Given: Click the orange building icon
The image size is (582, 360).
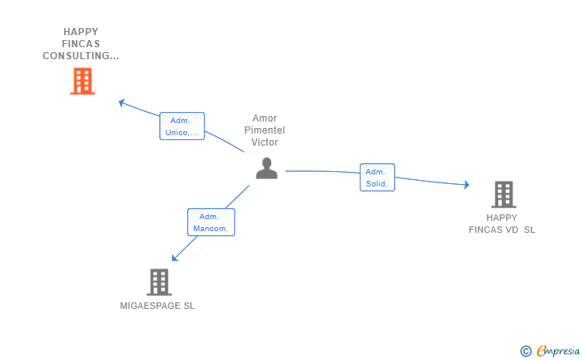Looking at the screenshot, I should [x=82, y=81].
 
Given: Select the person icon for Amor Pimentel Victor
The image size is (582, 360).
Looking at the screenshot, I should [x=266, y=168].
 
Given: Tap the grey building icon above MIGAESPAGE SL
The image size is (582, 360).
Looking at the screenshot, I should [x=159, y=282].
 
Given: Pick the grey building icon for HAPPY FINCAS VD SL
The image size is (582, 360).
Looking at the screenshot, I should [x=503, y=194].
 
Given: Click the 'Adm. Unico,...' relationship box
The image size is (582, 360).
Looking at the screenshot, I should [x=181, y=126].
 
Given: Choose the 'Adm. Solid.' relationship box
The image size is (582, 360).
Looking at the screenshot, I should [x=377, y=178].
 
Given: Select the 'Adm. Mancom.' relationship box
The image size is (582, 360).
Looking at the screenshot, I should [x=211, y=222].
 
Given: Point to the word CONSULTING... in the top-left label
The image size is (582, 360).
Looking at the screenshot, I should [x=81, y=56].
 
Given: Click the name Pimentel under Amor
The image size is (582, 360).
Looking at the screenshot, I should [x=265, y=130].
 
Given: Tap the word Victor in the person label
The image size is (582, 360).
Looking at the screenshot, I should [x=265, y=142].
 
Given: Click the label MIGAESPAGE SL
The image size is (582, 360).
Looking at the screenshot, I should [x=157, y=306].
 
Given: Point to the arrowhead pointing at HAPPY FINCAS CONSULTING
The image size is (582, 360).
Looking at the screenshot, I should [x=122, y=102].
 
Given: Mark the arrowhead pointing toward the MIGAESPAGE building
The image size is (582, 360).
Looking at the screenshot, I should [x=175, y=258].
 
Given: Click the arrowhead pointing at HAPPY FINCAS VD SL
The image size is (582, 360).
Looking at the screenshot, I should [x=466, y=185].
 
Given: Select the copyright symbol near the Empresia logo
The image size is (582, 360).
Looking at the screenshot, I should [x=525, y=350].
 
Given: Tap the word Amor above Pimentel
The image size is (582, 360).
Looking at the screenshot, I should [x=265, y=118].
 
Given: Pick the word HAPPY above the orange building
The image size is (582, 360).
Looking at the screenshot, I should [x=81, y=32].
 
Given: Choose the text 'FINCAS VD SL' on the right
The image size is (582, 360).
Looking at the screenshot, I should [x=502, y=230].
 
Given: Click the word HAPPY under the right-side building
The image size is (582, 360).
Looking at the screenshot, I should [x=502, y=218].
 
